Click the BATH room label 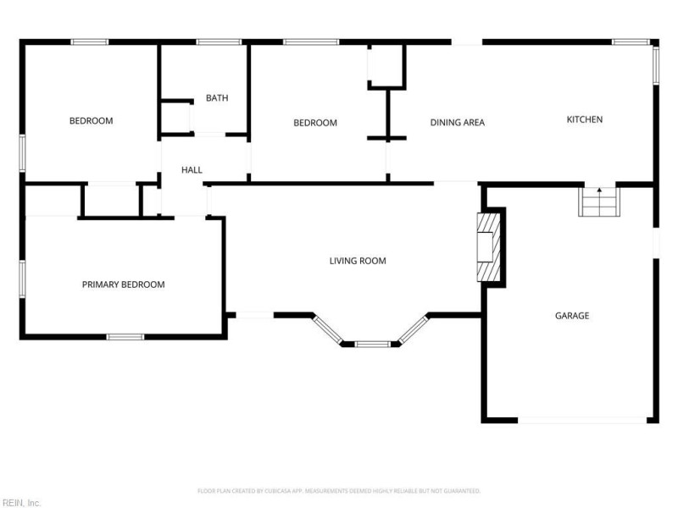pyautogui.click(x=217, y=98)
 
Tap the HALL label pyautogui.click(x=192, y=170)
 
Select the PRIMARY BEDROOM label pyautogui.click(x=123, y=284)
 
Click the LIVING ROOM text pyautogui.click(x=358, y=261)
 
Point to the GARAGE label pyautogui.click(x=572, y=316)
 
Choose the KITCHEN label pyautogui.click(x=584, y=119)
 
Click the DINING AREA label pyautogui.click(x=457, y=123)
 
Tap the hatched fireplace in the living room pyautogui.click(x=490, y=247)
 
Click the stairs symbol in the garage pyautogui.click(x=598, y=202)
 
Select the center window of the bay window pyautogui.click(x=372, y=344)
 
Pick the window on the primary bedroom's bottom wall pyautogui.click(x=125, y=337)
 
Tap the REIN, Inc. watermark pyautogui.click(x=21, y=502)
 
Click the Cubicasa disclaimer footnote pyautogui.click(x=339, y=491)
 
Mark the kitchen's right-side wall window pyautogui.click(x=654, y=64)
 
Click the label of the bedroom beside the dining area pyautogui.click(x=315, y=123)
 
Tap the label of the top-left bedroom pyautogui.click(x=91, y=121)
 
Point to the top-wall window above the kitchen pyautogui.click(x=631, y=41)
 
